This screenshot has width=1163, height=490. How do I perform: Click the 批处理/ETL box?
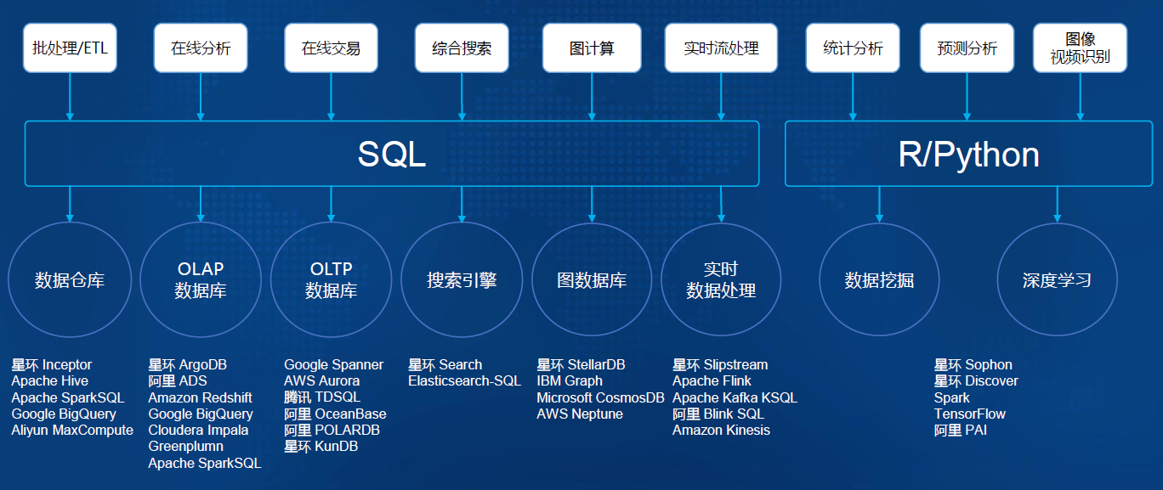point(70,48)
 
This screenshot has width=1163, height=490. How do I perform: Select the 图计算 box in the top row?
point(592,48)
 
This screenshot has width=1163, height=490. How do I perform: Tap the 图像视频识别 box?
point(1080,48)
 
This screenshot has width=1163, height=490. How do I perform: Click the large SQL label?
point(391,154)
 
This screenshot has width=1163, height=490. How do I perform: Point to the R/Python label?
point(969,154)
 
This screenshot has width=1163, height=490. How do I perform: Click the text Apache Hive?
point(50,381)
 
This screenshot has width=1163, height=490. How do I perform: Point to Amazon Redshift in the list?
point(200,397)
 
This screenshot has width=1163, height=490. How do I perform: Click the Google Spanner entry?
point(333,365)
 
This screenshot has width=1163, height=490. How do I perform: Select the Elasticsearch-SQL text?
point(464,381)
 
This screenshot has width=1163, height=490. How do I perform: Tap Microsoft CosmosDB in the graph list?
point(600,397)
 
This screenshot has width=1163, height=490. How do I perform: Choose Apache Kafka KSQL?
point(735,397)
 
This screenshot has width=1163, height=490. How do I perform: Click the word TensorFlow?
point(969,414)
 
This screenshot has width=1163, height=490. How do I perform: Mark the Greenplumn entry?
point(186,447)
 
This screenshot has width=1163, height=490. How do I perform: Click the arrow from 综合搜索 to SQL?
point(462,97)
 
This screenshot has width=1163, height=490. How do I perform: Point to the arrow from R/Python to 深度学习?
point(1057,205)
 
